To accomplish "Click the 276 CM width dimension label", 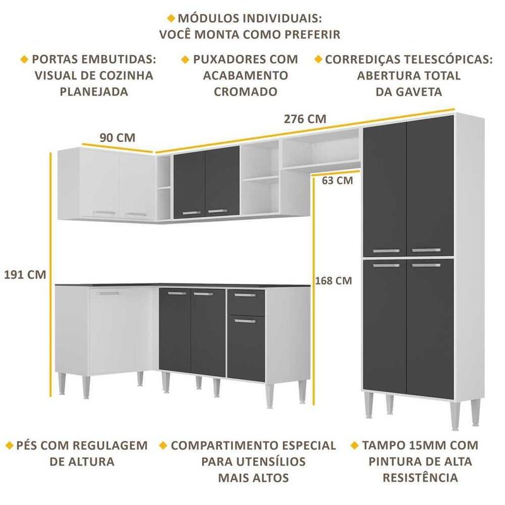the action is tap(305, 119).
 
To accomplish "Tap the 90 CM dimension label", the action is tap(117, 138).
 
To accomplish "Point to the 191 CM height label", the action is tap(25, 275).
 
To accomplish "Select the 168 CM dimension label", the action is tap(333, 280).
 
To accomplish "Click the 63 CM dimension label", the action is tap(337, 181).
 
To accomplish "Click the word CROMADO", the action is tap(246, 92).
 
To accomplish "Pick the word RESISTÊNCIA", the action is tap(420, 477).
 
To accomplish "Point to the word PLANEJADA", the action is tap(94, 92).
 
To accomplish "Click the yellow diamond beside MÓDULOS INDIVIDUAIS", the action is tap(171, 18).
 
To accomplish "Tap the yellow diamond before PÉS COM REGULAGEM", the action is tap(9, 446).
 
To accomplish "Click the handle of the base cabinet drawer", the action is tap(245, 295).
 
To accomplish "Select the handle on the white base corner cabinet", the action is tap(107, 294).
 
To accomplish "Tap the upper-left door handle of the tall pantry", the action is tap(386, 251).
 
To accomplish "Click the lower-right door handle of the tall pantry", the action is tap(426, 265).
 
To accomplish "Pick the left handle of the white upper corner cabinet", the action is tap(104, 213).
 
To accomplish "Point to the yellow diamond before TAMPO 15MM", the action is tap(355, 446).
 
